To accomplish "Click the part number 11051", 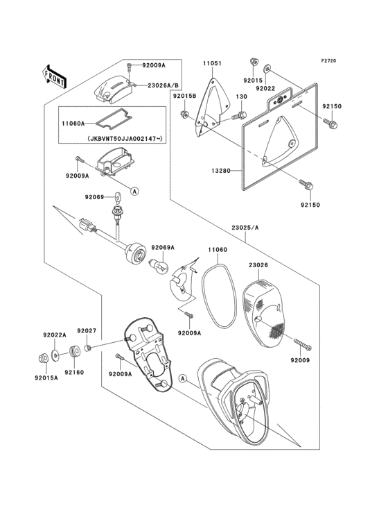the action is [213, 64].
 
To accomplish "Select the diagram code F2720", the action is [328, 61].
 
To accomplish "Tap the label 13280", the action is [222, 171].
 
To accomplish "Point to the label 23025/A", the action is [245, 228].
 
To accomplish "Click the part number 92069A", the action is [164, 248].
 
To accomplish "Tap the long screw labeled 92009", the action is [303, 344].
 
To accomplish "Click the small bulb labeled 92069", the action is [118, 196].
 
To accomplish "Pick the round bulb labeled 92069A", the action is [159, 265].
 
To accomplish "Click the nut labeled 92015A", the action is [42, 358].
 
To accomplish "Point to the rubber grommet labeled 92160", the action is [74, 352].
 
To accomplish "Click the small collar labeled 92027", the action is [87, 348].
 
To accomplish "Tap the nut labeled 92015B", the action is [184, 114].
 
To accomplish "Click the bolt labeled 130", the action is [240, 115].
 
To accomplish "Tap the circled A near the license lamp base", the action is [134, 191].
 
